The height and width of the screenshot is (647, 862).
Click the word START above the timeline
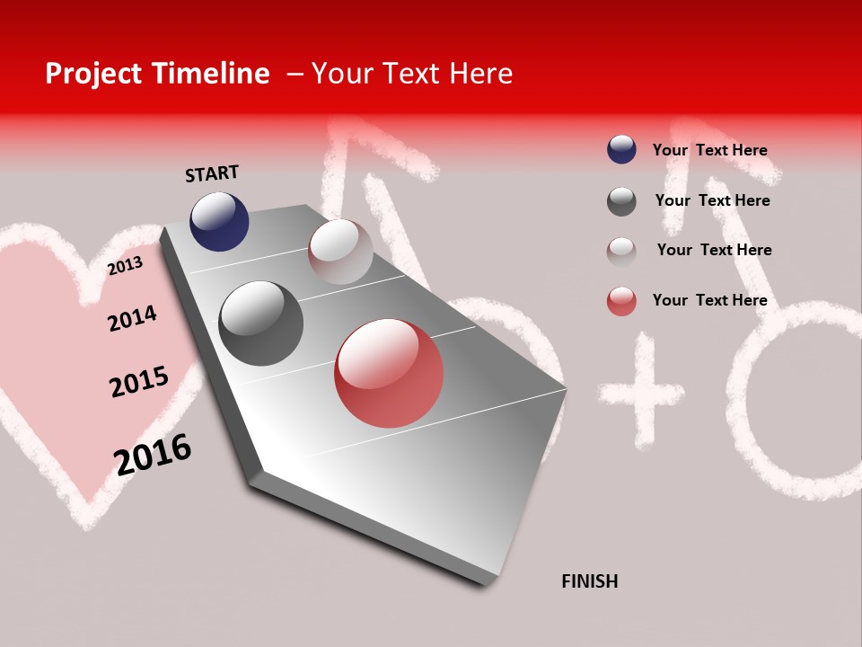click(x=212, y=173)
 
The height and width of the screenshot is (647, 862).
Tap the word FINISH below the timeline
click(x=589, y=581)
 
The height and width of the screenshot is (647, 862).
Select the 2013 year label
click(x=125, y=265)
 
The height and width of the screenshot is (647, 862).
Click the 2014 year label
click(x=132, y=318)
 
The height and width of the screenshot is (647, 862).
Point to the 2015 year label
click(x=139, y=382)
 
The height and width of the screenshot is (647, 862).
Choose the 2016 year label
click(x=153, y=454)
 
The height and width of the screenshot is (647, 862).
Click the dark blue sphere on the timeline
click(x=219, y=221)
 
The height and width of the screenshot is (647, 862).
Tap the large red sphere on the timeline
click(x=389, y=373)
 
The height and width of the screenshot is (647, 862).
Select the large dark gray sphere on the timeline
click(x=260, y=323)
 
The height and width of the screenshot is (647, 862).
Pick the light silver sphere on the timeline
click(x=340, y=252)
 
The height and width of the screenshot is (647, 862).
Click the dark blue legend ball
click(x=621, y=149)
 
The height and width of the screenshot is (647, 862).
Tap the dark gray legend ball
click(x=621, y=201)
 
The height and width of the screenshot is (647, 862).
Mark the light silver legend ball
click(x=621, y=251)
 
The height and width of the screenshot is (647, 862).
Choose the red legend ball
click(x=621, y=301)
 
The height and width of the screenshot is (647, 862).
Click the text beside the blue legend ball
click(x=709, y=150)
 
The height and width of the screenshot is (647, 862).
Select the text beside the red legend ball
click(x=709, y=300)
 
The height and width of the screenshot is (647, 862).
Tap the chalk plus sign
click(x=640, y=394)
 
